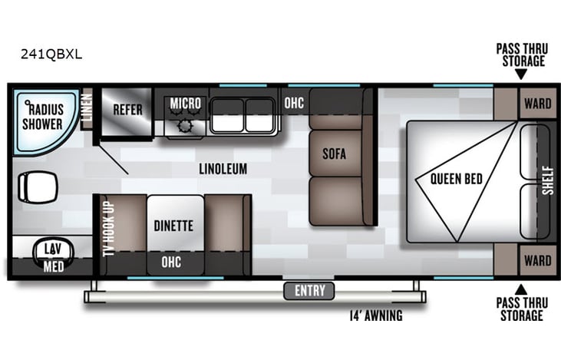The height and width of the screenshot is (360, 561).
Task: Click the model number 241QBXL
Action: pos(53,54)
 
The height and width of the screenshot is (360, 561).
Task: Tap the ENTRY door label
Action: pos(310,290)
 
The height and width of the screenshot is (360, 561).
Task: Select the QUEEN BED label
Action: pos(456,180)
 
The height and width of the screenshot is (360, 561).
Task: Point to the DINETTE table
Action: pos(176,226)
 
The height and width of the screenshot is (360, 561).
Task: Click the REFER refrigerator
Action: pos(127,110)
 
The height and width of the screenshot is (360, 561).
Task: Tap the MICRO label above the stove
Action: pos(186,103)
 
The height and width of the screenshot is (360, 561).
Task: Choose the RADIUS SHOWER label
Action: pos(42,116)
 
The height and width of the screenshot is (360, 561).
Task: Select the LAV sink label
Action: pos(51,249)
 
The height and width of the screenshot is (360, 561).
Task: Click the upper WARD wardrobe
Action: pos(537,104)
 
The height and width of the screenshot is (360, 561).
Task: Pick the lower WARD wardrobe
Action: pos(537,261)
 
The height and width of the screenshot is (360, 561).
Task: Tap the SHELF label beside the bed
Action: pos(546,181)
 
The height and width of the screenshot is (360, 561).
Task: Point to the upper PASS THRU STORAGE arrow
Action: pos(520,74)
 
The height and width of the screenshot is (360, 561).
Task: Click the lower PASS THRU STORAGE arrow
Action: pos(520,289)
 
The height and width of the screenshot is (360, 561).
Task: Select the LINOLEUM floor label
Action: pos(223,168)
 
